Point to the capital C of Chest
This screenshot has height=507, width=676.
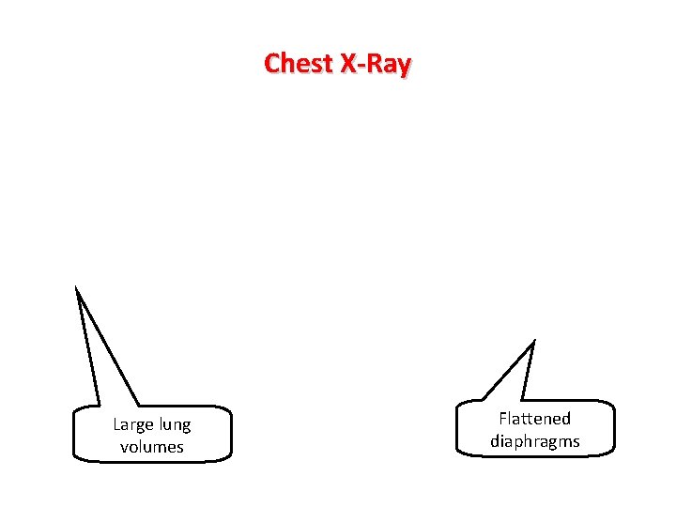pyautogui.click(x=271, y=64)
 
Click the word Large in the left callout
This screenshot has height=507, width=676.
pyautogui.click(x=132, y=425)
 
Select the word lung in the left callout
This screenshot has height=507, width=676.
pyautogui.click(x=174, y=425)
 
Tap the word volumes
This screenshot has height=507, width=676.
pyautogui.click(x=152, y=447)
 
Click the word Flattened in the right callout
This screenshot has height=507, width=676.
pyautogui.click(x=534, y=419)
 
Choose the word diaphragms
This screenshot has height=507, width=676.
pyautogui.click(x=534, y=441)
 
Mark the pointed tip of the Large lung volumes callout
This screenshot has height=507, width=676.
pyautogui.click(x=76, y=285)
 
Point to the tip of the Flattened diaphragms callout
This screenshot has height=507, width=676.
pyautogui.click(x=534, y=341)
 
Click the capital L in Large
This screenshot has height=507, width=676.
pyautogui.click(x=116, y=425)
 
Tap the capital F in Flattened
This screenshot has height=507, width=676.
pyautogui.click(x=503, y=419)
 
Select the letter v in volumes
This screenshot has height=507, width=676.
pyautogui.click(x=124, y=448)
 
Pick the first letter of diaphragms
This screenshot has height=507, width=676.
pyautogui.click(x=495, y=440)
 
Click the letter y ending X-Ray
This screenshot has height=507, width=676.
pyautogui.click(x=404, y=67)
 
